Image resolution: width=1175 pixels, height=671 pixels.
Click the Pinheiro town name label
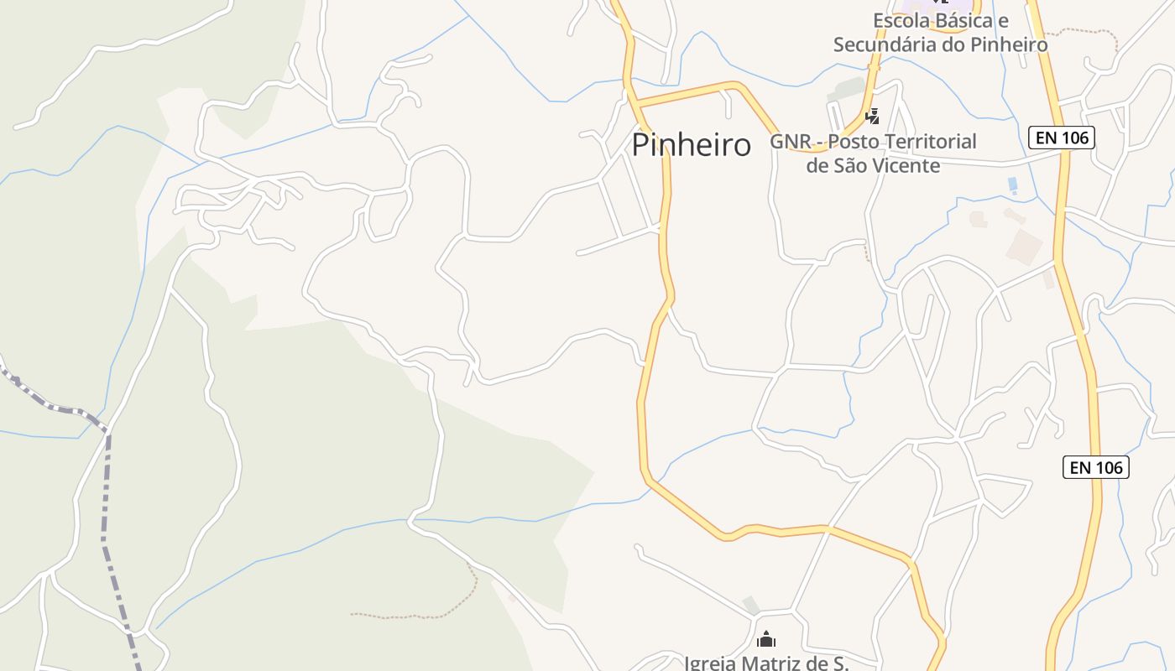click(691, 145)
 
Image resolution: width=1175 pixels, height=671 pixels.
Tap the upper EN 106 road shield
click(1062, 137)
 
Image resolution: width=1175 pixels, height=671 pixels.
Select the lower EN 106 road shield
click(1096, 467)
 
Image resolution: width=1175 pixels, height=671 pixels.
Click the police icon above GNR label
click(873, 116)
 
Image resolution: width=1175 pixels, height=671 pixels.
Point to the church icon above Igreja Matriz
click(765, 640)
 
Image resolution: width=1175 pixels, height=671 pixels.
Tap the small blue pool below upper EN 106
click(1012, 184)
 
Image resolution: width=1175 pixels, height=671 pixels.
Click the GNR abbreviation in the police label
click(791, 142)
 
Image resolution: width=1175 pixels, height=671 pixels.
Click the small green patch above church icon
click(751, 605)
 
